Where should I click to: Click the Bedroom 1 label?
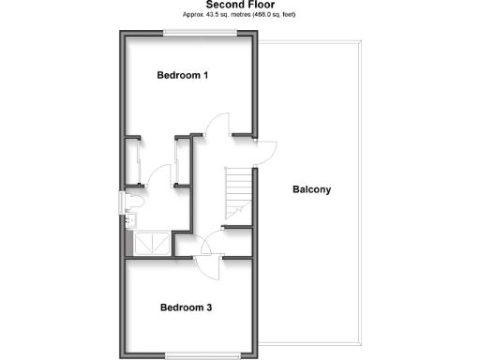click(x=183, y=75)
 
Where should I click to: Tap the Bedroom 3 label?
click(x=186, y=307)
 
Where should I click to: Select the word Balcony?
click(x=311, y=189)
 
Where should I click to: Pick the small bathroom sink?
click(x=131, y=220)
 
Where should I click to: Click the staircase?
click(x=239, y=192)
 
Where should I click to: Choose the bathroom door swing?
click(x=159, y=176)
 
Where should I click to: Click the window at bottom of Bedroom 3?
click(x=185, y=353)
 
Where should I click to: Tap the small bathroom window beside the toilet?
click(x=120, y=201)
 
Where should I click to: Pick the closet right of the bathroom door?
click(x=181, y=164)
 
